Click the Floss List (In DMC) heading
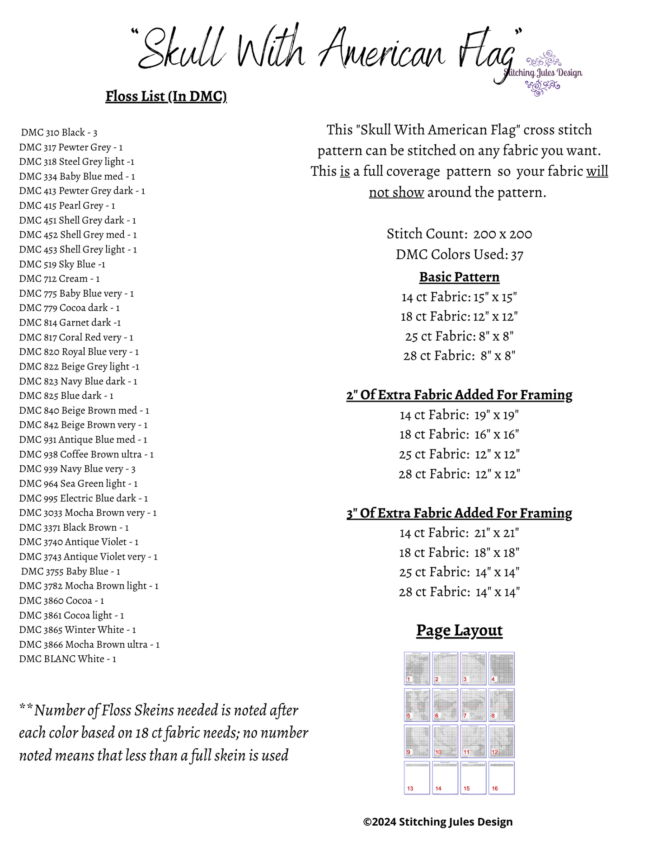click(x=166, y=96)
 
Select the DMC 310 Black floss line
click(x=59, y=132)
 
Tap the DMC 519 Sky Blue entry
click(x=62, y=264)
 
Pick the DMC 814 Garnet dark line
click(x=70, y=322)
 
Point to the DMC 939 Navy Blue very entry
click(x=77, y=469)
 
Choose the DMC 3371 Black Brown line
click(x=74, y=528)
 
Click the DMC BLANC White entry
click(x=67, y=659)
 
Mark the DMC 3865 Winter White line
click(x=77, y=630)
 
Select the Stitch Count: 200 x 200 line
click(x=459, y=234)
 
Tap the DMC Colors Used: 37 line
click(x=459, y=255)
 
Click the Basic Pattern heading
click(x=459, y=277)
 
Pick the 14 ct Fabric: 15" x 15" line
click(x=459, y=297)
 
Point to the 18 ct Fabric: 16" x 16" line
click(x=459, y=434)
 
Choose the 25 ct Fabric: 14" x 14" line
click(x=459, y=572)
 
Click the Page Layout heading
click(x=459, y=630)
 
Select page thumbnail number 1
click(x=417, y=668)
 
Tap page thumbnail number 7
click(x=473, y=705)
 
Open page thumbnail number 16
click(x=502, y=778)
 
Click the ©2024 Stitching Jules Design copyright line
click(x=438, y=822)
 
